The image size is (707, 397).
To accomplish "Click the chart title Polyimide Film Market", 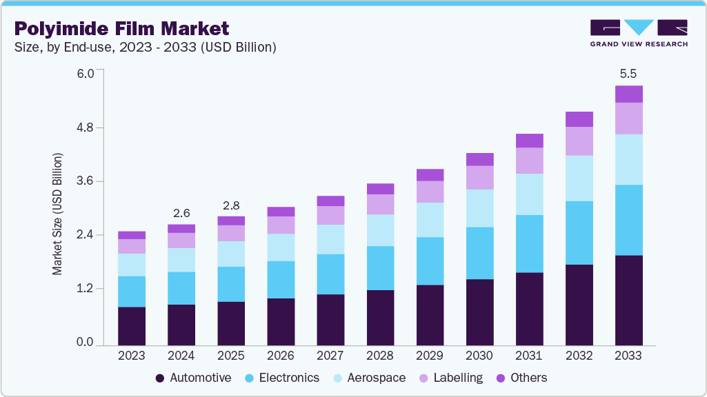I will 121,28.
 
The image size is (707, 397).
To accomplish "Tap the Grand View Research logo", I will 638,33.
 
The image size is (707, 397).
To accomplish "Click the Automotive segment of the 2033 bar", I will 628,300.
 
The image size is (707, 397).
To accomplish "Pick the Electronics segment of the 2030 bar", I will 479,253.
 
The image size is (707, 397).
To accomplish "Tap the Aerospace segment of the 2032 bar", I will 579,178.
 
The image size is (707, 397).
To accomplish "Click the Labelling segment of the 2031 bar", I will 529,161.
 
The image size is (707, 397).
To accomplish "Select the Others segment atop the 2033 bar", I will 628,94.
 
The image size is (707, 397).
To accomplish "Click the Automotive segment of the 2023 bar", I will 131,325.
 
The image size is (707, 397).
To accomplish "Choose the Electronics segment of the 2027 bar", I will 330,274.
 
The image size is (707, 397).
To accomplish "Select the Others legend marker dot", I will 501,378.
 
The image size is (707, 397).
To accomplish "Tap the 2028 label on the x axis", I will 380,356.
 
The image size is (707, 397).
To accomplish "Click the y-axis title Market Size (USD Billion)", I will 58,214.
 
